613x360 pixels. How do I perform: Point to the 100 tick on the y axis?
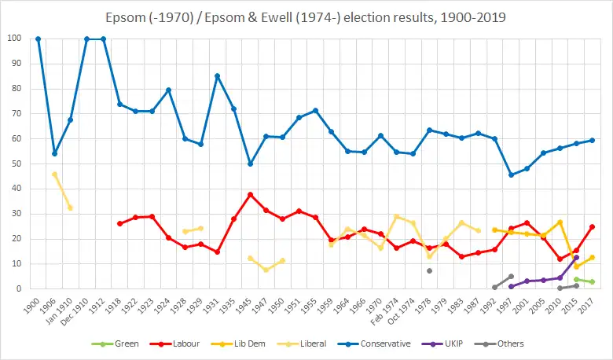coord(15,39)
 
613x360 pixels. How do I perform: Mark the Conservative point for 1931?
coord(218,75)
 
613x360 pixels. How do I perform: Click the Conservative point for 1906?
coord(54,153)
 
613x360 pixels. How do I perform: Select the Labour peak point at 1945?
coord(250,194)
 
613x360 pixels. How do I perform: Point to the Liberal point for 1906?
coord(54,174)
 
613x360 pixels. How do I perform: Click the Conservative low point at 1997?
coord(511,174)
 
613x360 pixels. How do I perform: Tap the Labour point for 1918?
coord(119,223)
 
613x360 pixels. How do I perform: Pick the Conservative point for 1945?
coord(250,163)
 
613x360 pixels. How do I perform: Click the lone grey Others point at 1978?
coord(429,270)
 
